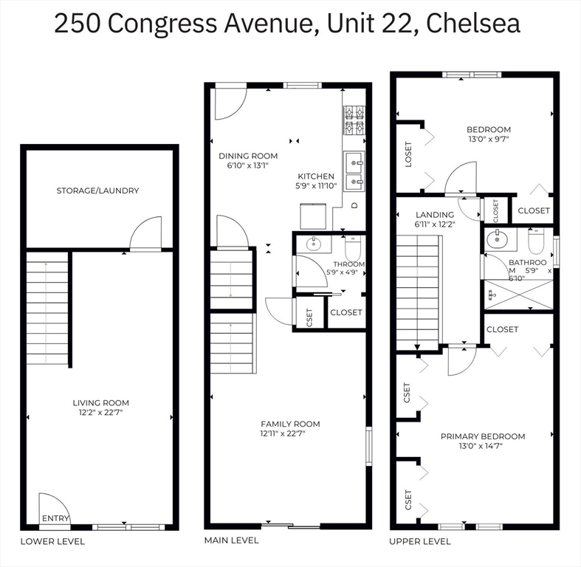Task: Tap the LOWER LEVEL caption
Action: [52, 541]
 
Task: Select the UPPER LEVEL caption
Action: [420, 541]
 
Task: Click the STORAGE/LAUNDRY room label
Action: [97, 190]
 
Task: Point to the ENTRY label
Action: [55, 518]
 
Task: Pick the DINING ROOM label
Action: [248, 156]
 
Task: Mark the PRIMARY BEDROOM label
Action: [483, 436]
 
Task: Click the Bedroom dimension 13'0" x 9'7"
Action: [488, 139]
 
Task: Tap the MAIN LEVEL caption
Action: [231, 540]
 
